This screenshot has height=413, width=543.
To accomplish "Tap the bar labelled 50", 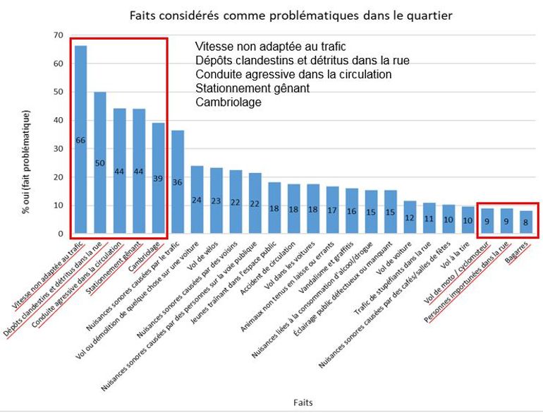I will point(100,162).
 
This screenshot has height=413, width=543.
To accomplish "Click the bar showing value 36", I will point(178,182).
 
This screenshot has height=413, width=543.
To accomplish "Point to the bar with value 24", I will point(197,199).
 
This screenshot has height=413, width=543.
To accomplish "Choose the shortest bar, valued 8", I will point(525,222).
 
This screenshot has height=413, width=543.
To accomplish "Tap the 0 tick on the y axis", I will point(61,234).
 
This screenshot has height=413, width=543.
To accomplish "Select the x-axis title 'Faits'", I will point(304,402).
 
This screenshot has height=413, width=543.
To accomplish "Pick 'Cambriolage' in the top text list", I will point(228,102).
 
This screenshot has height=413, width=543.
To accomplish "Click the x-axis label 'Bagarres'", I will point(520,253).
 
